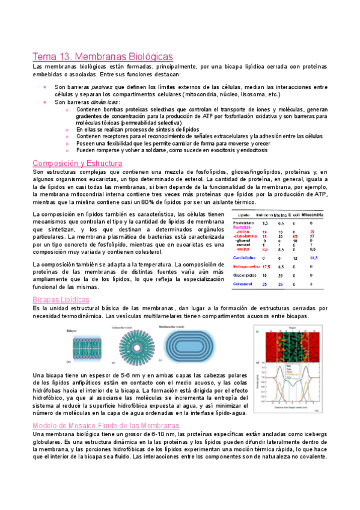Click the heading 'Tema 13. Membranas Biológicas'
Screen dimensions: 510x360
pos(103,57)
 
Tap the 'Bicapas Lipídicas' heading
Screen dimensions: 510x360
pos(61,299)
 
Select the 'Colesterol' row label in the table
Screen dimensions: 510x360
pos(244,284)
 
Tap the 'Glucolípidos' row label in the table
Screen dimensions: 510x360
pos(245,275)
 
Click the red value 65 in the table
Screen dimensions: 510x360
pos(295,237)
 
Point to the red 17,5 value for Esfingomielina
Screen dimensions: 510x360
pos(264,266)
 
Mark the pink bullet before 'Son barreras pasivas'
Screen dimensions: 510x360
pos(46,87)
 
